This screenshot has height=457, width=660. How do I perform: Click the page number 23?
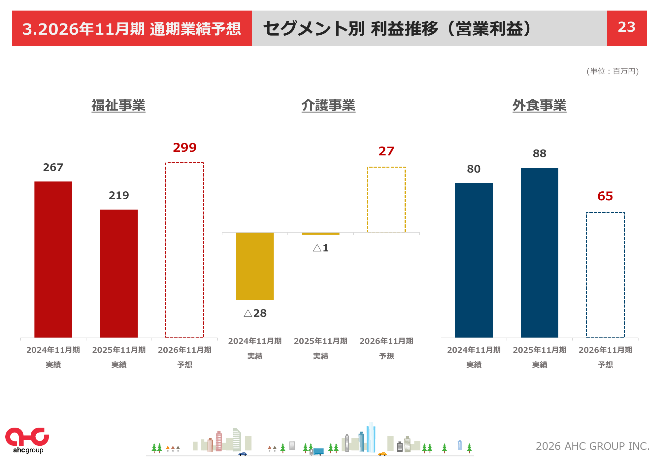tap(626, 27)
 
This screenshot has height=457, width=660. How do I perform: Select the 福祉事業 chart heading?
tap(118, 106)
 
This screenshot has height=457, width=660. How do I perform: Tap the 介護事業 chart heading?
tap(328, 106)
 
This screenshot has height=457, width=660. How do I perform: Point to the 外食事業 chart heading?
tap(539, 106)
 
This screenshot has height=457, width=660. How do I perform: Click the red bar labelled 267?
tap(53, 259)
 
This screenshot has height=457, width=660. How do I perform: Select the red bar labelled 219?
tap(119, 273)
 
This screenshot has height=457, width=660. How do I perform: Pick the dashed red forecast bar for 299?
tap(184, 250)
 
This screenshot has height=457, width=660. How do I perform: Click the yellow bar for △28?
tap(255, 266)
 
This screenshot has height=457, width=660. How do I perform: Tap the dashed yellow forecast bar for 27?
tap(386, 200)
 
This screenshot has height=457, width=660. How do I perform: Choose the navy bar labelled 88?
tap(539, 252)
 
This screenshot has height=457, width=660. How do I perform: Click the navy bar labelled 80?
tap(474, 260)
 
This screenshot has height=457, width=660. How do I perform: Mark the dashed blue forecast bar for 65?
tap(605, 275)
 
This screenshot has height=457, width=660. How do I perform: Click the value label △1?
tap(321, 248)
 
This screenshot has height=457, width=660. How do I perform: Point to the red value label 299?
tap(184, 147)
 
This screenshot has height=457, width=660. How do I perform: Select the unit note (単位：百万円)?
tap(612, 71)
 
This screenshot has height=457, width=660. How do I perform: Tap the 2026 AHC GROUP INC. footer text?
tap(592, 446)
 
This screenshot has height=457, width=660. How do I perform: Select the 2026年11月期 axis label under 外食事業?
tap(605, 350)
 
